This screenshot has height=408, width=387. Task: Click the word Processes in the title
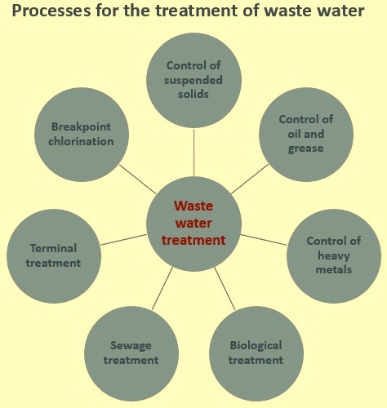[x=51, y=11]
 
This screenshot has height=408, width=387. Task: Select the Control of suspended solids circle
[x=193, y=81]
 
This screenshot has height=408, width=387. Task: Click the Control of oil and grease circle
[x=306, y=135]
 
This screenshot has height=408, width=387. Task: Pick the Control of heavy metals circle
[x=334, y=256]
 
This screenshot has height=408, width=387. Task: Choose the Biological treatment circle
[x=256, y=353]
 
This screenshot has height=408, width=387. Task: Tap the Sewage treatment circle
[x=131, y=353]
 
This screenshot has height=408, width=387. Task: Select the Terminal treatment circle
[x=54, y=256]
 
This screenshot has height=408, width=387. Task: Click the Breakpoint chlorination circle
[x=82, y=135]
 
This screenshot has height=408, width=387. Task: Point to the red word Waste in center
[x=193, y=206]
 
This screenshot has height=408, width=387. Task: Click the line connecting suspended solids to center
[x=193, y=152]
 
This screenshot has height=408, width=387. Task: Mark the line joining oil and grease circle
[x=250, y=179]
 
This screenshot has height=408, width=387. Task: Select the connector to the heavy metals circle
[x=264, y=240]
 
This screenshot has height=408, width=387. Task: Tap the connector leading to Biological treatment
[x=225, y=289]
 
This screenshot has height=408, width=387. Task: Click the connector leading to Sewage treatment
[x=162, y=289]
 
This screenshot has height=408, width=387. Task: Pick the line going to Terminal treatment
[x=124, y=240]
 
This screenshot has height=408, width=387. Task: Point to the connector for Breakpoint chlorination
[x=138, y=179]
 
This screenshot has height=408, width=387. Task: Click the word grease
[x=306, y=149]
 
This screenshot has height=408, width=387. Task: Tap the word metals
[x=334, y=269]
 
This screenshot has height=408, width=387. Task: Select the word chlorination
[x=81, y=141]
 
